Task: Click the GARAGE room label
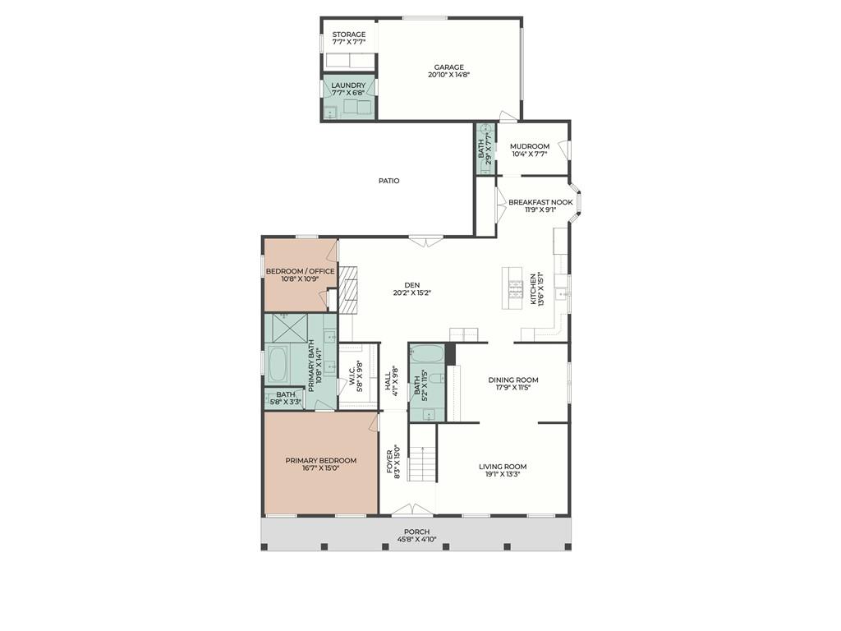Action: coord(449,67)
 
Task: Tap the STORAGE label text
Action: coord(348,35)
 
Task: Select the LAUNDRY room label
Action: coord(348,85)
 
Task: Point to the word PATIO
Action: coord(388,181)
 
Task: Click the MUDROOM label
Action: coord(530,146)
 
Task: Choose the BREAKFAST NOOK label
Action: coord(540,202)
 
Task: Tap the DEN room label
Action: coord(412,285)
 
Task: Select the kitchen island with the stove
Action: coord(512,288)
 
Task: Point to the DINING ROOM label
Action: coord(513,380)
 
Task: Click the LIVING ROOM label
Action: coord(503,467)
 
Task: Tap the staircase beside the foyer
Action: coord(422,463)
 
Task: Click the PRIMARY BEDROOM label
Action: coord(321,460)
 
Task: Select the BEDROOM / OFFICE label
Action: coord(301,271)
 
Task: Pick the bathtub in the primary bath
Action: coord(278,364)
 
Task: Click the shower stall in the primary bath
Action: coord(290,328)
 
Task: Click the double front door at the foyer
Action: coord(411,510)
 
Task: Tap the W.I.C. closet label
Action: coord(352,375)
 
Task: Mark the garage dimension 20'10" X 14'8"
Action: coord(449,75)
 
